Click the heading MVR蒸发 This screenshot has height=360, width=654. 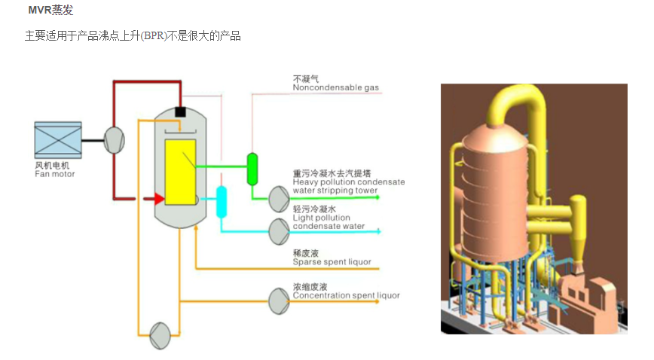(x=50, y=11)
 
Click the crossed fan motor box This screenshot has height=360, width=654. (x=57, y=139)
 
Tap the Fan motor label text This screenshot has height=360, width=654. (x=55, y=174)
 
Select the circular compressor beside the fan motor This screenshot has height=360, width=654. (x=114, y=139)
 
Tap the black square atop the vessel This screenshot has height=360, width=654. (x=180, y=112)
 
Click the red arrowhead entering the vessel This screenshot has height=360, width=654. (x=157, y=199)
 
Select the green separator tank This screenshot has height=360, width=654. (x=252, y=169)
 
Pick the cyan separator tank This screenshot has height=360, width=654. (x=222, y=202)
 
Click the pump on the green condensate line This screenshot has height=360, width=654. (x=279, y=198)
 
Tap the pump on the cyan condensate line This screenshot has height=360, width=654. (x=279, y=228)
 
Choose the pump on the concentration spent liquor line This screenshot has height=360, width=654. (x=279, y=301)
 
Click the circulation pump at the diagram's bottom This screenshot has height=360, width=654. (x=160, y=333)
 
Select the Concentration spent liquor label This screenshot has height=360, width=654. (x=346, y=295)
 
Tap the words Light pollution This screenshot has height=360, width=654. (x=322, y=218)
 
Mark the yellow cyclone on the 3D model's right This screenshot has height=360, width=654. (x=577, y=222)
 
